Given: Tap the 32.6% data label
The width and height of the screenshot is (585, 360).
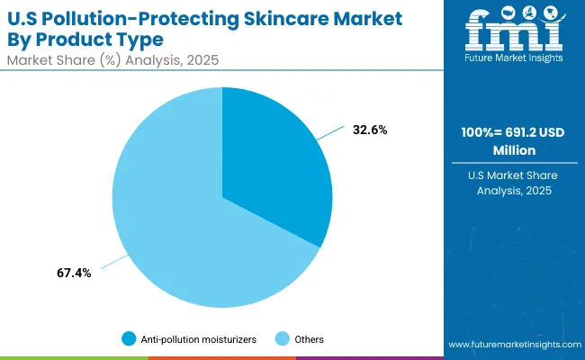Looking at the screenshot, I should pos(369,130).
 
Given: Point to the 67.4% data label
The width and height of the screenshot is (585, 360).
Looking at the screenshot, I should pos(73,273).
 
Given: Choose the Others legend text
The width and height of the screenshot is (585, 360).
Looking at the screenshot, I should pos(309,339).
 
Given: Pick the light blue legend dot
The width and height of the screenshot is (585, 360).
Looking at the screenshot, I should pos(282,339).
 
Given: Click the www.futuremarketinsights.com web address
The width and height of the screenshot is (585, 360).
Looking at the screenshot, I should pos(511,345).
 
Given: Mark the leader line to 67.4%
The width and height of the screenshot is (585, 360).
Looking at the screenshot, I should pos(112,263).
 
